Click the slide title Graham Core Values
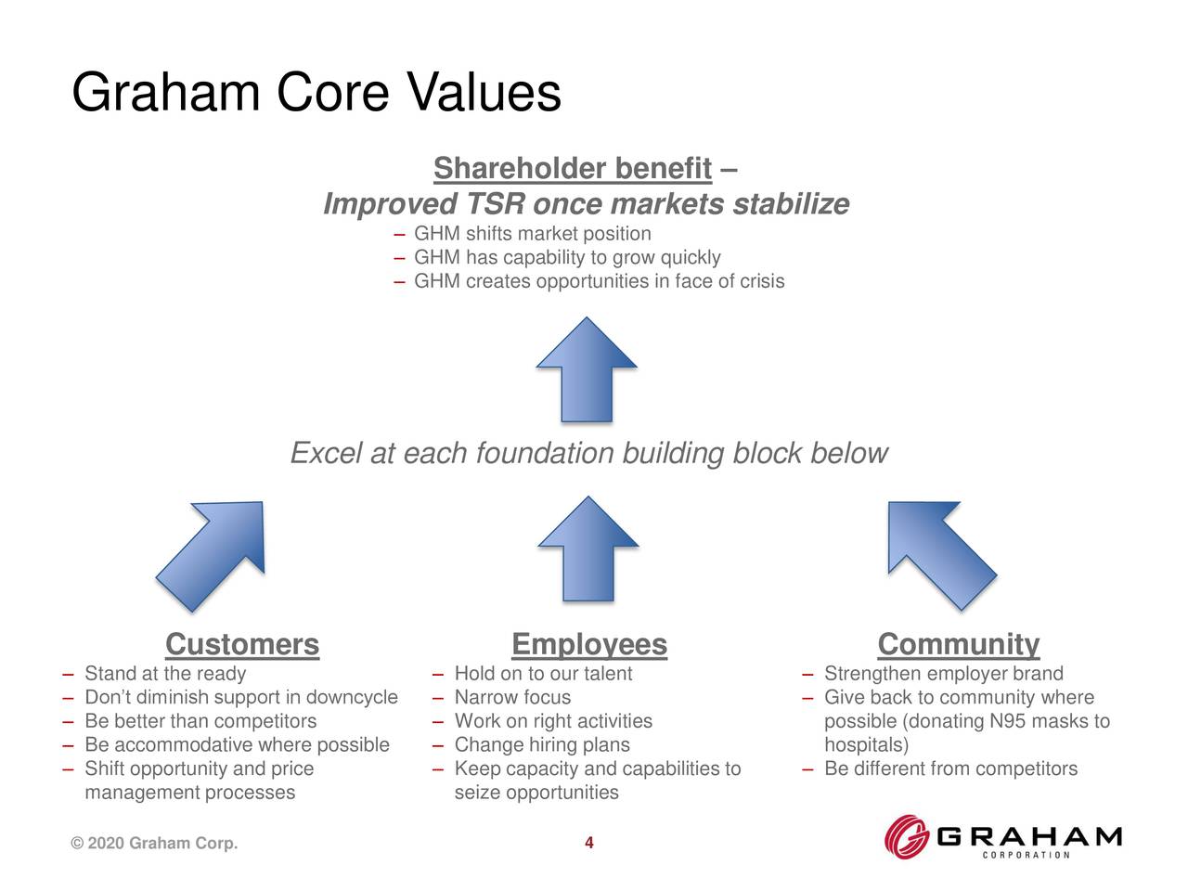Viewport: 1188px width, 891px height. pos(316,94)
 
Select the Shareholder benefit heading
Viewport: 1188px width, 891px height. pos(572,169)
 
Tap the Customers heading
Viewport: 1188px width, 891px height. pos(241,644)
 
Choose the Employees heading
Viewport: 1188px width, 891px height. pos(588,644)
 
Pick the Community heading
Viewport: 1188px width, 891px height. pos(958,644)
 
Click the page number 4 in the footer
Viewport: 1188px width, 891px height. pos(588,843)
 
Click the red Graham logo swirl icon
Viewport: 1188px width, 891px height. pos(906,836)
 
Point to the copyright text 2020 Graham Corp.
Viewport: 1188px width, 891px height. pos(154,843)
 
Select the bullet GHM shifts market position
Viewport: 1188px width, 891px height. pos(532,234)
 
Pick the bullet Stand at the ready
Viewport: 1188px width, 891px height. pos(165,674)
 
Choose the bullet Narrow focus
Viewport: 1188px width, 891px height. pos(512,698)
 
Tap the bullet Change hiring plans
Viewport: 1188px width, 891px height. pos(542,745)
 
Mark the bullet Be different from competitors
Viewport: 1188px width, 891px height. pos(950,769)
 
